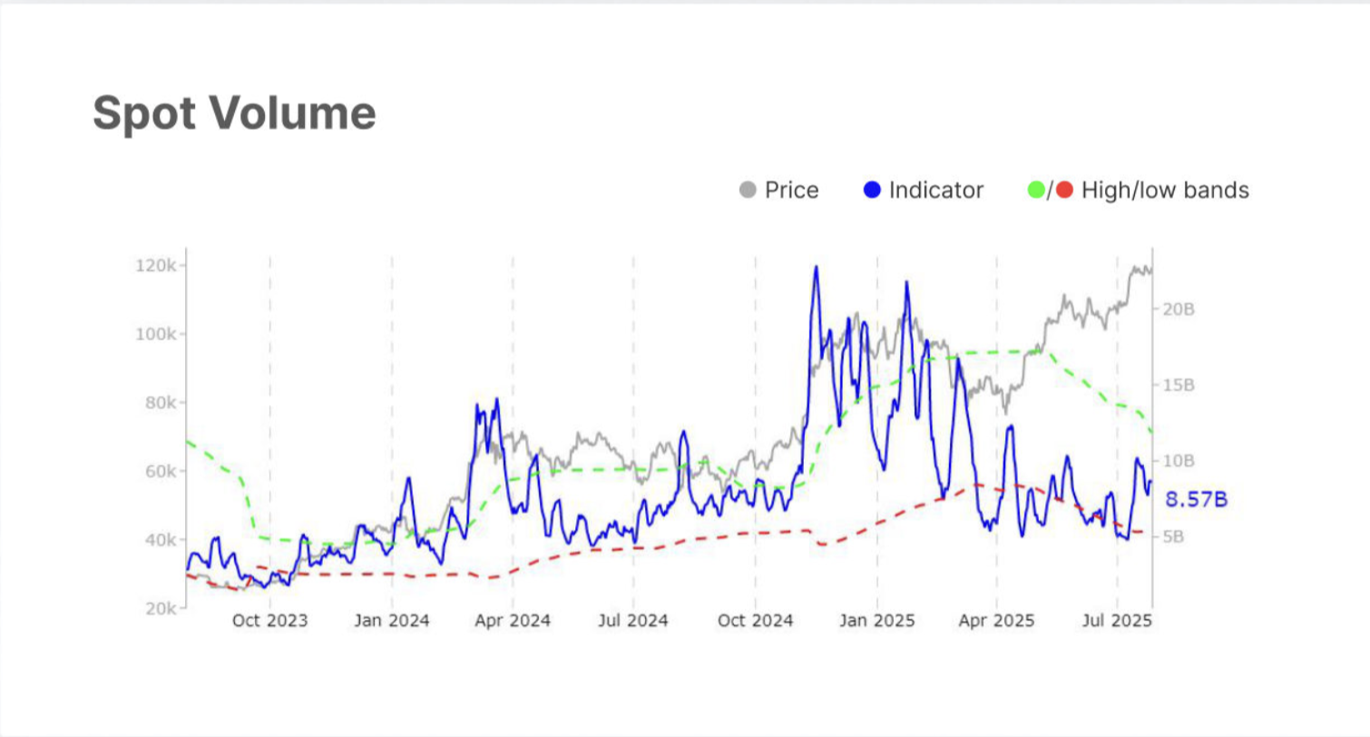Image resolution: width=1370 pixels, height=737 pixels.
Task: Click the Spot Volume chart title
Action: pyautogui.click(x=234, y=114)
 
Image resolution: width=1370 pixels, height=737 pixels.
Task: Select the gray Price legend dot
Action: pyautogui.click(x=749, y=190)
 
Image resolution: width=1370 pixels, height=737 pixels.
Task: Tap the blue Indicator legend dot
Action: pyautogui.click(x=873, y=190)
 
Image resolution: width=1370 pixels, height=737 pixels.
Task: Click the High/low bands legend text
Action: pyautogui.click(x=1165, y=190)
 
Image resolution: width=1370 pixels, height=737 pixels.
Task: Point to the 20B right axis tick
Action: pyautogui.click(x=1179, y=310)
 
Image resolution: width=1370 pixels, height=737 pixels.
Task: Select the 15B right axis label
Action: pyautogui.click(x=1179, y=385)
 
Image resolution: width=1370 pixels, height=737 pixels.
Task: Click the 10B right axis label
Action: pyautogui.click(x=1179, y=460)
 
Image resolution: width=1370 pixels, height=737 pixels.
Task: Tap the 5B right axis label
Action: pyautogui.click(x=1176, y=536)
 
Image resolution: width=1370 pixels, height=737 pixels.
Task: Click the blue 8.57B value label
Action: pyautogui.click(x=1196, y=499)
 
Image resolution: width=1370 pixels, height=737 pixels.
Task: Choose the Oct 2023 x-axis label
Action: pyautogui.click(x=269, y=622)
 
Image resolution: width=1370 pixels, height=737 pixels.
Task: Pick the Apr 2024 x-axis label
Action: pyautogui.click(x=513, y=622)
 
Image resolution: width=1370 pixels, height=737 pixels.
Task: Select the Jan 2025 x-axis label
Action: pyautogui.click(x=876, y=622)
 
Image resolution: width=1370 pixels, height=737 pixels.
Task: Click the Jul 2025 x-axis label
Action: pyautogui.click(x=1117, y=622)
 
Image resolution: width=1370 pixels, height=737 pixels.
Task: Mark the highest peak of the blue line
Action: pyautogui.click(x=816, y=267)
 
